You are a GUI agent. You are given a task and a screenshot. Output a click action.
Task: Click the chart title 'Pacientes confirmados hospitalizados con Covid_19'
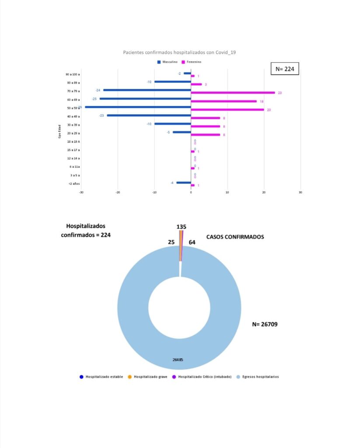(180, 52)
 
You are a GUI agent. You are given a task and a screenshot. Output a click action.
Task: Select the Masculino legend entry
(167, 62)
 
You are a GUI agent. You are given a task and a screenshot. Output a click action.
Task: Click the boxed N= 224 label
(285, 69)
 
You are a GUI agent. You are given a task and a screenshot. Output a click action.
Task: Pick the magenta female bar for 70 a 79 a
(233, 93)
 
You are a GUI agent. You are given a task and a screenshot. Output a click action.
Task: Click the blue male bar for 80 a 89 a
(172, 82)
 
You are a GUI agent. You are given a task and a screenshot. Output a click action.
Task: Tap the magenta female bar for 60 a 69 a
(224, 101)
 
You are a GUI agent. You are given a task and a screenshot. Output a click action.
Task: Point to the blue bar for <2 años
(184, 182)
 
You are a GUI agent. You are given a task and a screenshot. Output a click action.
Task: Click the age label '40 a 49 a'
(73, 116)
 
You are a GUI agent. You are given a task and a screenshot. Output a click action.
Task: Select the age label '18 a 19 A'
(73, 142)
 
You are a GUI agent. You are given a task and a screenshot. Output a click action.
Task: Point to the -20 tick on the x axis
(118, 192)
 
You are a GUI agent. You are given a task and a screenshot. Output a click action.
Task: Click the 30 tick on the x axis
(300, 192)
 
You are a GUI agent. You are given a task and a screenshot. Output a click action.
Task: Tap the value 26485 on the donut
(178, 360)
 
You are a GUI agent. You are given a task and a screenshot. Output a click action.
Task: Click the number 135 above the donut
(182, 227)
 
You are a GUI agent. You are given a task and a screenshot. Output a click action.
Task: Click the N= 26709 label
(265, 324)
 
